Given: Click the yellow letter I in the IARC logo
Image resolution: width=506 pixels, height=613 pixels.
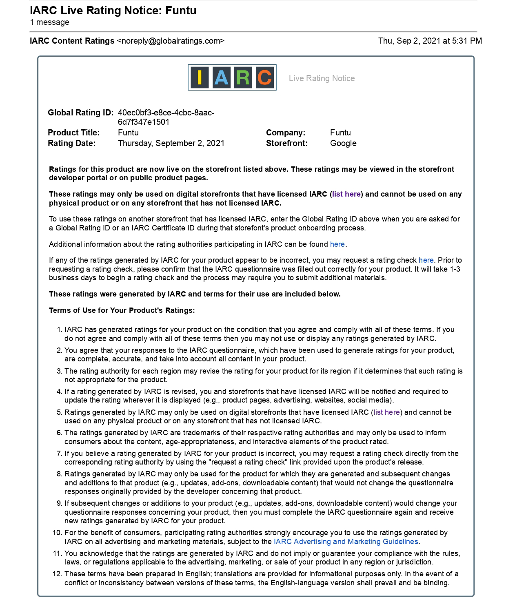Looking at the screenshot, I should click(x=200, y=77).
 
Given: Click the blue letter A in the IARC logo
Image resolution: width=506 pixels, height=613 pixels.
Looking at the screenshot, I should click(x=221, y=77).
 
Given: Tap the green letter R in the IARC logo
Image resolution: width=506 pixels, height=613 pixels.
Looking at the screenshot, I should click(x=243, y=77).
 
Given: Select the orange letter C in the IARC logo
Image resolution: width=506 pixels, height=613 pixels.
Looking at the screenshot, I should click(x=264, y=77).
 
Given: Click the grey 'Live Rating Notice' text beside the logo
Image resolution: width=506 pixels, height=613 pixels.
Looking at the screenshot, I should click(x=322, y=78).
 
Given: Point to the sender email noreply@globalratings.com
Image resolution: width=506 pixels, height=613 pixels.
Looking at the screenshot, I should click(x=171, y=41).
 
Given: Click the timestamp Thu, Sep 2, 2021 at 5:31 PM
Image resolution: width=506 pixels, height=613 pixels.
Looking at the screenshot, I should click(x=430, y=41).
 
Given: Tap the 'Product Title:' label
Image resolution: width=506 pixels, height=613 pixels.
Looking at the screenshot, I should click(x=73, y=133).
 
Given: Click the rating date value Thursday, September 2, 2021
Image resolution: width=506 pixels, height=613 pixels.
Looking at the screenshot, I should click(x=171, y=143).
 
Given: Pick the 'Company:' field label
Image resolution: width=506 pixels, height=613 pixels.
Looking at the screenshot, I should click(x=286, y=133).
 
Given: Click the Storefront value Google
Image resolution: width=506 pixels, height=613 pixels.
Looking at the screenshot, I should click(x=343, y=143).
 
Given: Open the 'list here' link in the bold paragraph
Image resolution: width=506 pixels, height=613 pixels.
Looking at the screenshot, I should click(x=346, y=194).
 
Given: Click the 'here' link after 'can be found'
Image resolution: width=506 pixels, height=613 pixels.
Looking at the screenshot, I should click(x=337, y=244).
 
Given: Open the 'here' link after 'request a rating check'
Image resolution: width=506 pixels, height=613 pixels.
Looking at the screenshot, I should click(x=426, y=260).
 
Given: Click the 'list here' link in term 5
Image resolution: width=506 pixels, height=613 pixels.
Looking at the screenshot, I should click(x=387, y=412).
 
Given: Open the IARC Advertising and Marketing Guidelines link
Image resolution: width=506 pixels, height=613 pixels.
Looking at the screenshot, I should click(x=346, y=542).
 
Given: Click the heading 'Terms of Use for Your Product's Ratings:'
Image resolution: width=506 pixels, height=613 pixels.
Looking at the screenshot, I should click(x=122, y=310).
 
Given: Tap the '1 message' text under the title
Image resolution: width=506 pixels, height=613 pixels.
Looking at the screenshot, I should click(x=49, y=22).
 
